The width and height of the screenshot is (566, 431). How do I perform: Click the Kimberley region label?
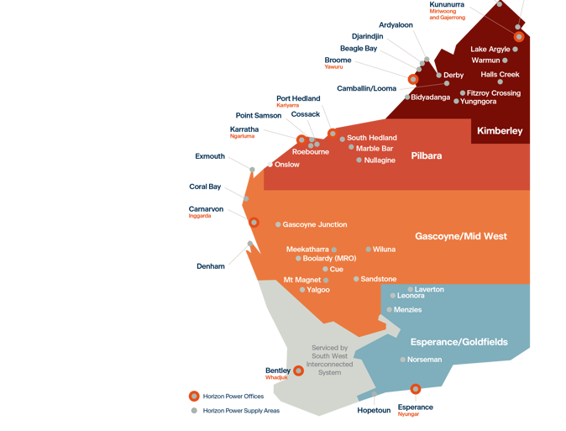500,131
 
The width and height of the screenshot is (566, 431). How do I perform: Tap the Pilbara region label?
427,155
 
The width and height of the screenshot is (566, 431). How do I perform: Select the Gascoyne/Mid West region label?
461,237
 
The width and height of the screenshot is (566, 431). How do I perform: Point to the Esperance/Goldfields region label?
459,342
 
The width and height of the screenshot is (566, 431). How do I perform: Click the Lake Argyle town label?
490,50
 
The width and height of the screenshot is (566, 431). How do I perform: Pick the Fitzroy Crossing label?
495,93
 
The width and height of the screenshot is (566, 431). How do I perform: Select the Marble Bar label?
375,149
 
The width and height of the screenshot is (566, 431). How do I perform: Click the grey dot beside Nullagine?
359,160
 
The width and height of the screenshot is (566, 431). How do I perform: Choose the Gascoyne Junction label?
315,224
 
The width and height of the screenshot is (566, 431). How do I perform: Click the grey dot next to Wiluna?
368,250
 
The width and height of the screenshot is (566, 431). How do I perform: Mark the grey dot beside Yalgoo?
301,290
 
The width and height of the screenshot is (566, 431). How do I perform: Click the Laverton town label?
429,289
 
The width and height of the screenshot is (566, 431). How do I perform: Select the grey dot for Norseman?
403,360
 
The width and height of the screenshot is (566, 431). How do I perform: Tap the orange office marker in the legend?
194,396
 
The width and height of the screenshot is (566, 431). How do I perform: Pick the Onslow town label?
287,165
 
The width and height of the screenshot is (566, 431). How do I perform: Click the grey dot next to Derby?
438,76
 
